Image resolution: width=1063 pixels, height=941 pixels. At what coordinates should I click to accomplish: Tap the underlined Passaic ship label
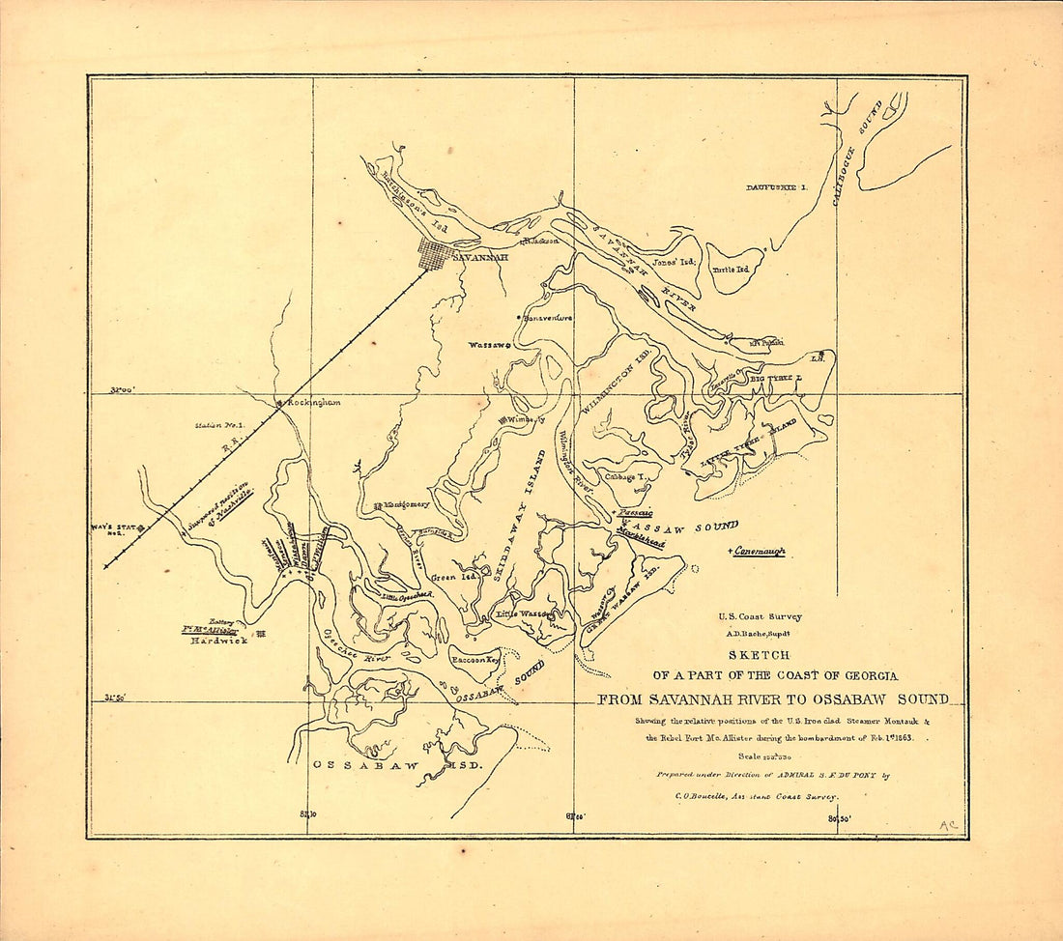(x=636, y=513)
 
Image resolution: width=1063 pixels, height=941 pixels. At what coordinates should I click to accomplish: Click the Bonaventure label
(x=548, y=317)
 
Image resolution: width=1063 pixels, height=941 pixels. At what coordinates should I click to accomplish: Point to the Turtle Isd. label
(x=731, y=270)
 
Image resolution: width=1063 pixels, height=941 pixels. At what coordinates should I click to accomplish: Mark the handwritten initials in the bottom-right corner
(x=947, y=824)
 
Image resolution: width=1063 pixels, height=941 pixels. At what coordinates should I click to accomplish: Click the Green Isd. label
(x=448, y=577)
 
